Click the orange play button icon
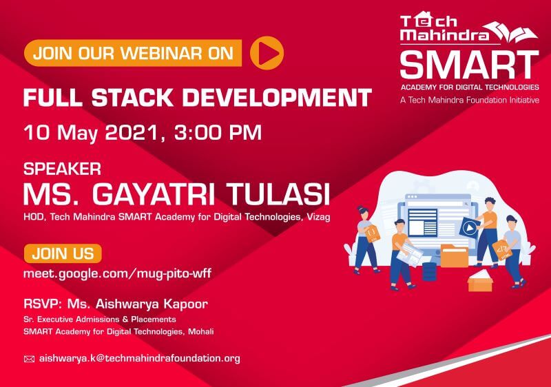[267, 52]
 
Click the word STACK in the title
[132, 97]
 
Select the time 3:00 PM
[218, 133]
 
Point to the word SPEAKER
[62, 169]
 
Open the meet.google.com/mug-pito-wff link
[117, 273]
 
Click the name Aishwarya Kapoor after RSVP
[152, 304]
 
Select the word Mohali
[200, 331]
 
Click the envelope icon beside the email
[29, 359]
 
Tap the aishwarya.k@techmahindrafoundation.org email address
[140, 359]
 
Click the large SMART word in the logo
[469, 65]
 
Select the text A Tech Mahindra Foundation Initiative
[470, 100]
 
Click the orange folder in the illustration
[454, 255]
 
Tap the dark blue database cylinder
[429, 271]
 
